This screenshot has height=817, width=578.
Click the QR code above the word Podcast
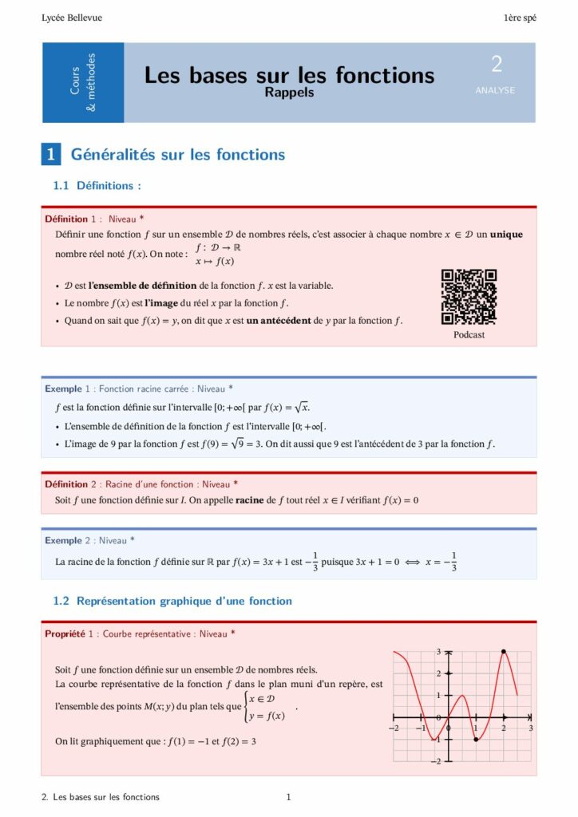click(x=469, y=297)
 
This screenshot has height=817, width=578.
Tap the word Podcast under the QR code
click(x=469, y=335)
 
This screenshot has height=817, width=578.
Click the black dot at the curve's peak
click(x=503, y=652)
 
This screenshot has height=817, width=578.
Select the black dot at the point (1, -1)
click(x=476, y=740)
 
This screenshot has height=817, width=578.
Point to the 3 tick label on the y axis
click(x=437, y=652)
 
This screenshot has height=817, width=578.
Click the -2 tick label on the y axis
click(x=436, y=762)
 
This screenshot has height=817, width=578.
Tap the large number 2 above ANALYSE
click(x=496, y=65)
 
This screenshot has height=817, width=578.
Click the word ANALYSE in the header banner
click(x=495, y=90)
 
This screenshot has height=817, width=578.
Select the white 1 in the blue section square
click(x=51, y=155)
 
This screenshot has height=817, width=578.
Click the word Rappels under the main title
click(x=289, y=93)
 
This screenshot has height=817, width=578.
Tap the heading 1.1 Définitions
click(x=97, y=186)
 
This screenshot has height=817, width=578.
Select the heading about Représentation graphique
click(x=172, y=601)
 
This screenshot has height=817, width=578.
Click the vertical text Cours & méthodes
click(x=83, y=82)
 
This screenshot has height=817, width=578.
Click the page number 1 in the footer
click(x=288, y=797)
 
